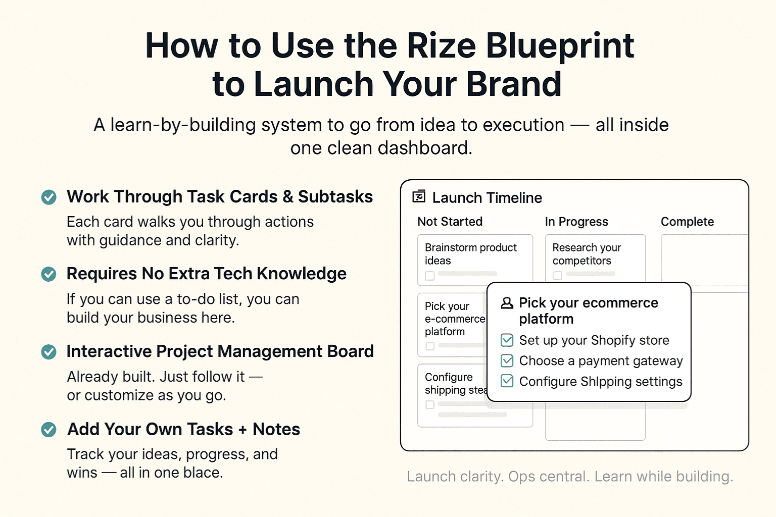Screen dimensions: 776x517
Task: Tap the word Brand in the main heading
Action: tap(513, 84)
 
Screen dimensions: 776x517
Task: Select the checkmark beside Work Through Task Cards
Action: tap(48, 197)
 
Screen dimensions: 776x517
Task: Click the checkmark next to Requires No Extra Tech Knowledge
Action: tap(48, 274)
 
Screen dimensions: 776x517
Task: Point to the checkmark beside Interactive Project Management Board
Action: tap(48, 352)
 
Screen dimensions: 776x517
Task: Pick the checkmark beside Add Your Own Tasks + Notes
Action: tap(48, 429)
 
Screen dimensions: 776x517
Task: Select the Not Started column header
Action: tap(450, 221)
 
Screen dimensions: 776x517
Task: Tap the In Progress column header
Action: tap(576, 222)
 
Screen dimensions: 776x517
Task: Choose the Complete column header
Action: tap(687, 222)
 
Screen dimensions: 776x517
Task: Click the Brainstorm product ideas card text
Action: tap(470, 254)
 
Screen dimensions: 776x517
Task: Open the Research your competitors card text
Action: tap(587, 254)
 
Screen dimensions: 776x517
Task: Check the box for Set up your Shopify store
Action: tap(507, 340)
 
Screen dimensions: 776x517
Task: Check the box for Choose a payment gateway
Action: tap(507, 360)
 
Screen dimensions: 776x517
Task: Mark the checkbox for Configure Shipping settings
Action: tap(507, 381)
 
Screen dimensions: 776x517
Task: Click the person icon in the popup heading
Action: tap(507, 303)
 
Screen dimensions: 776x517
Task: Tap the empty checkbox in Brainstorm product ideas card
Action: tap(429, 276)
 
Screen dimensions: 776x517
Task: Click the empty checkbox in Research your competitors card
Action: tap(557, 276)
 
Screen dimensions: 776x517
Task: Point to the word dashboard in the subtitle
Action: tap(425, 148)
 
